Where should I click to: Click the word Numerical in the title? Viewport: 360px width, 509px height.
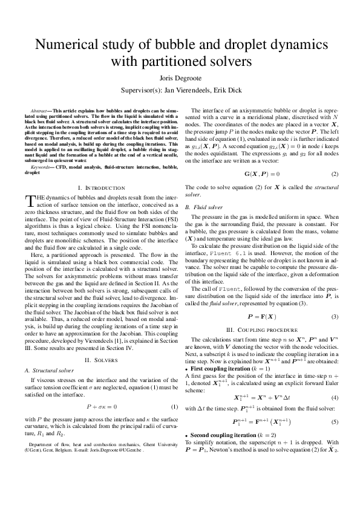(68, 47)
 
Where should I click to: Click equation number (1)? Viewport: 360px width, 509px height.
(174, 407)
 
